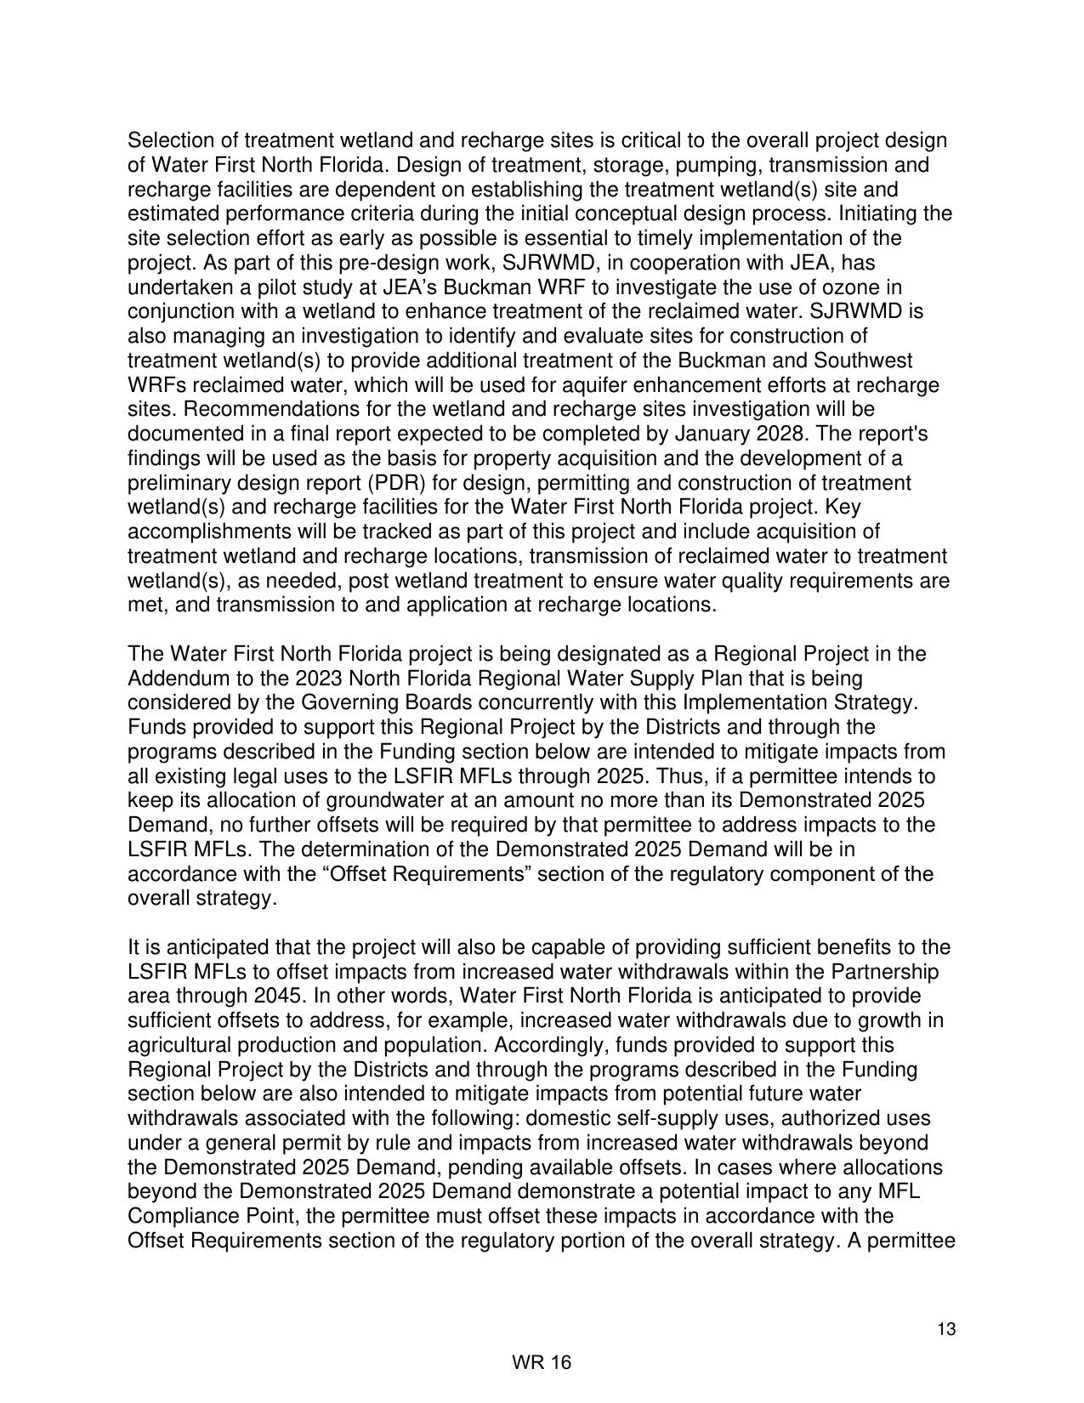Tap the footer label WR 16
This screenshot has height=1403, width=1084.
click(542, 1362)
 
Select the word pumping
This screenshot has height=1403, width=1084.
click(711, 165)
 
